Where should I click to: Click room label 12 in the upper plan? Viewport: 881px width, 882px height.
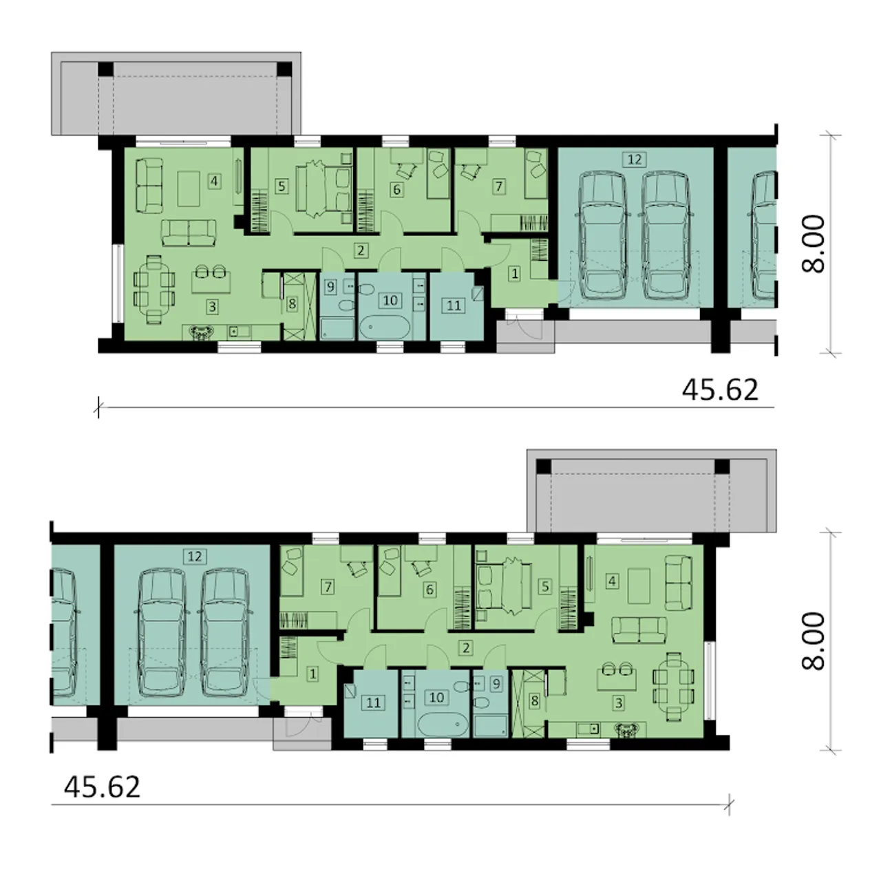click(635, 160)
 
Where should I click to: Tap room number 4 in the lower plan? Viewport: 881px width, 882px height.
click(612, 581)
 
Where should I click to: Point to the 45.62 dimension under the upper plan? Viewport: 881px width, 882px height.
click(720, 390)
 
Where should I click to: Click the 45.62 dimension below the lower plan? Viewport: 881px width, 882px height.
click(102, 787)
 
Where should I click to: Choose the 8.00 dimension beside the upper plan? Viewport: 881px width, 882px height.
click(814, 244)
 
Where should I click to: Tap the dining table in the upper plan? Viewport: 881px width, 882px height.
click(154, 290)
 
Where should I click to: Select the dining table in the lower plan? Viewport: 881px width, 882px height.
click(673, 687)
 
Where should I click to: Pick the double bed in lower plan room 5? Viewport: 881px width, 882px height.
click(504, 586)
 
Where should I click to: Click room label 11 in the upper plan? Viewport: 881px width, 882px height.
click(454, 305)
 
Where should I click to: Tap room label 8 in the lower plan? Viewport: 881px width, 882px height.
click(534, 701)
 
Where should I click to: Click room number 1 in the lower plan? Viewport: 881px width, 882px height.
click(312, 674)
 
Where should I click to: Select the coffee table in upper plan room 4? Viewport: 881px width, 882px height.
click(189, 189)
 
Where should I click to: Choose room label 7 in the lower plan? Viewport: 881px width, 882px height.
click(328, 586)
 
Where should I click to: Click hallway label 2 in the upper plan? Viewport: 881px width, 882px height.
click(361, 250)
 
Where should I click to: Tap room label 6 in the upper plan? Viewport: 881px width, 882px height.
click(396, 189)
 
